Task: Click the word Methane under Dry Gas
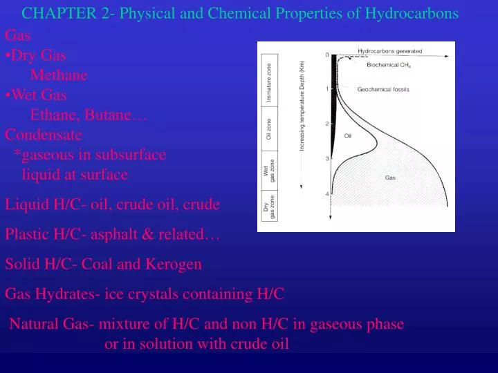[x=59, y=75]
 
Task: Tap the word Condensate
[x=43, y=134]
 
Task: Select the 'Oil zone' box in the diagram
[x=269, y=129]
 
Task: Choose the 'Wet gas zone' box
[x=269, y=170]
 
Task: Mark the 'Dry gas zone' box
[x=269, y=207]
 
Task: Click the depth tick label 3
[x=326, y=159]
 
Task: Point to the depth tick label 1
[x=326, y=88]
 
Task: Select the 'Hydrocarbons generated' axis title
[x=389, y=50]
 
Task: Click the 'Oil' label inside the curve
[x=348, y=136]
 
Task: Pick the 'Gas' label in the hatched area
[x=390, y=178]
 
